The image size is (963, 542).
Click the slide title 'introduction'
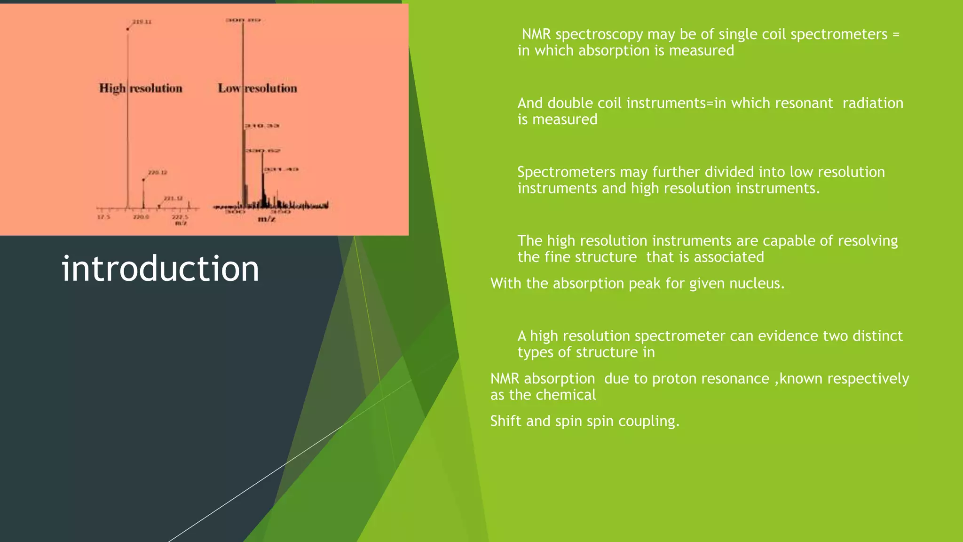pos(160,269)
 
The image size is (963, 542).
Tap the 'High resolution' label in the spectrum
pos(141,88)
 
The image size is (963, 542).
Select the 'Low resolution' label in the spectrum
pos(257,88)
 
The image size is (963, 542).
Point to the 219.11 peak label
pos(142,22)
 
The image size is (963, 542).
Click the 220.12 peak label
pos(158,173)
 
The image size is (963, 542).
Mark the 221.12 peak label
pos(173,199)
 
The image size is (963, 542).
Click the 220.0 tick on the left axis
pos(141,217)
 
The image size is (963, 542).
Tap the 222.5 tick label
pos(180,217)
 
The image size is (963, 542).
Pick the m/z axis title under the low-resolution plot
pos(266,219)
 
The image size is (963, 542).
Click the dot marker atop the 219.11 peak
pos(127,29)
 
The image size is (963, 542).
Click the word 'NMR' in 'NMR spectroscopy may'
pos(536,34)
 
